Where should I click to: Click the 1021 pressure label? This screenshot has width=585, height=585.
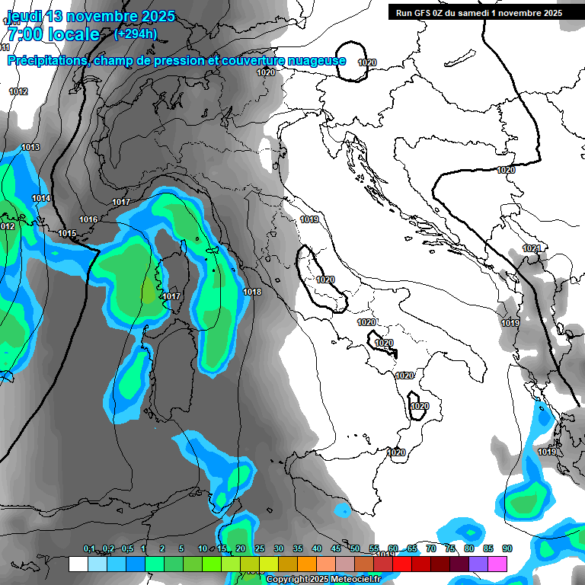[532, 248]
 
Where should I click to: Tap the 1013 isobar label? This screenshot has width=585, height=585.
[30, 147]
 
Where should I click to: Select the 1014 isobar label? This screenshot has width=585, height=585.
[41, 198]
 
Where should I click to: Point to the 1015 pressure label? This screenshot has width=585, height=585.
[67, 233]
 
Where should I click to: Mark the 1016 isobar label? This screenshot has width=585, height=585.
[88, 219]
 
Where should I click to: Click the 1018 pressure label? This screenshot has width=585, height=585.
[252, 292]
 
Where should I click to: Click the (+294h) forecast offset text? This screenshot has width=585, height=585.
[136, 34]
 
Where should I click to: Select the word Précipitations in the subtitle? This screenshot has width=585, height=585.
[46, 61]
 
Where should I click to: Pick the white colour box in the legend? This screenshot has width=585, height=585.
[78, 564]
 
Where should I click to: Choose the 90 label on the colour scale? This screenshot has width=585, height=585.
[507, 548]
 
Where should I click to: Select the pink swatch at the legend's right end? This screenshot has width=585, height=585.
[497, 564]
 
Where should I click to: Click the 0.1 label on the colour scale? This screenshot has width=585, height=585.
[89, 548]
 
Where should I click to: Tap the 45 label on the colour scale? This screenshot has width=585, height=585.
[336, 548]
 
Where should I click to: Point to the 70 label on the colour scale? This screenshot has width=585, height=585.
[431, 548]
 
